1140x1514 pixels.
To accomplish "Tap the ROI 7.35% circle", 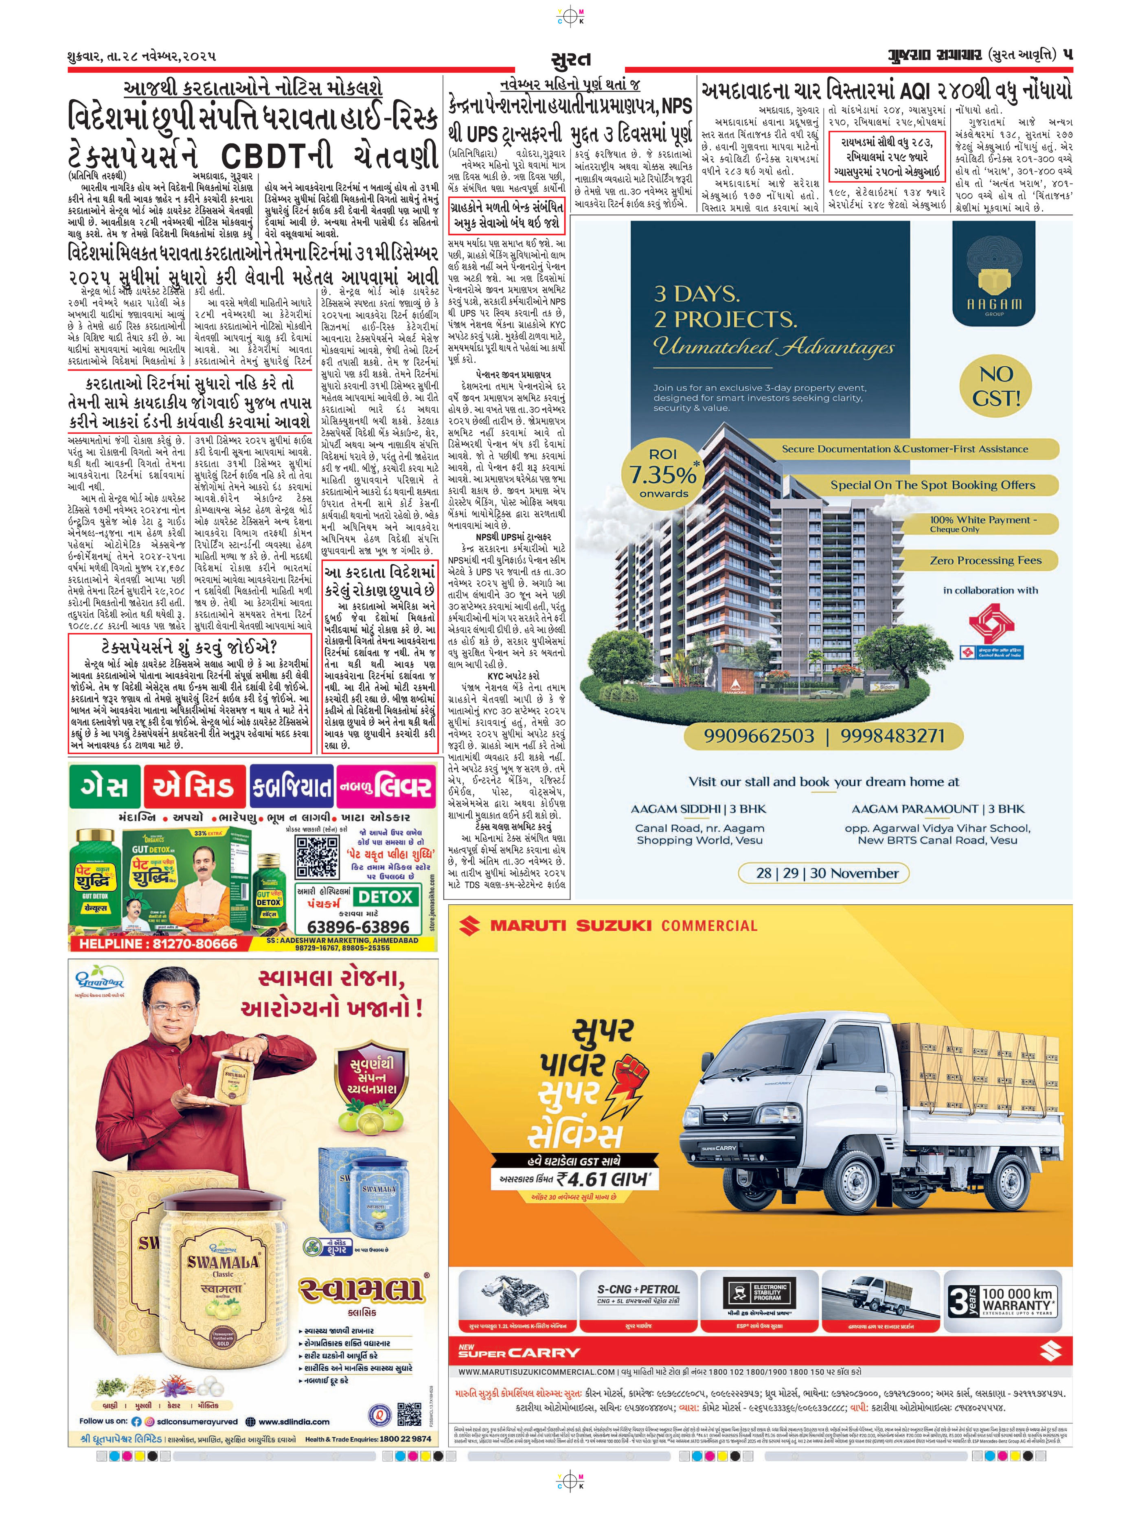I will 663,472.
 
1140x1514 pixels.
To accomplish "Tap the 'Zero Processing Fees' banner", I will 984,560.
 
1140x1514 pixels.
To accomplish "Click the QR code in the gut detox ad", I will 318,858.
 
